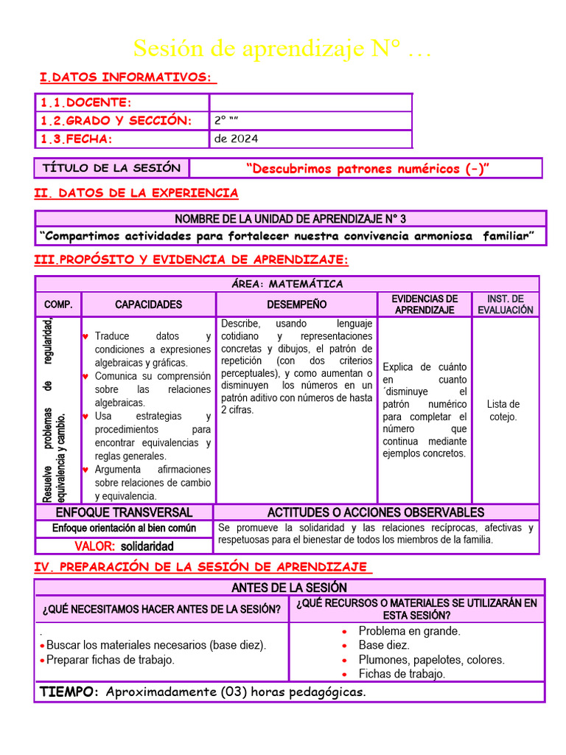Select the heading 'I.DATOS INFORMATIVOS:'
click(127, 77)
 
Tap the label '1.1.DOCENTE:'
click(86, 102)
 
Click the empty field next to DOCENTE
click(310, 102)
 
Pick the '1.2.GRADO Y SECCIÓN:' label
click(116, 121)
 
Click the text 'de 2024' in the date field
click(236, 139)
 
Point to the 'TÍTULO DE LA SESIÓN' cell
click(111, 168)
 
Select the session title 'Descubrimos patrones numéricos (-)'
click(367, 169)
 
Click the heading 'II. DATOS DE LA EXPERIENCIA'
click(136, 193)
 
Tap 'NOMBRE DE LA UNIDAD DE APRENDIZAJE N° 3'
click(290, 219)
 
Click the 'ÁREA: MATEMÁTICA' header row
click(287, 284)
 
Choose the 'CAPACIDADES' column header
click(148, 305)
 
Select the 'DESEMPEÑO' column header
click(296, 305)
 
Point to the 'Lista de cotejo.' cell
click(503, 410)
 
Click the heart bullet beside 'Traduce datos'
click(85, 336)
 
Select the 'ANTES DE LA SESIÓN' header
click(289, 588)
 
